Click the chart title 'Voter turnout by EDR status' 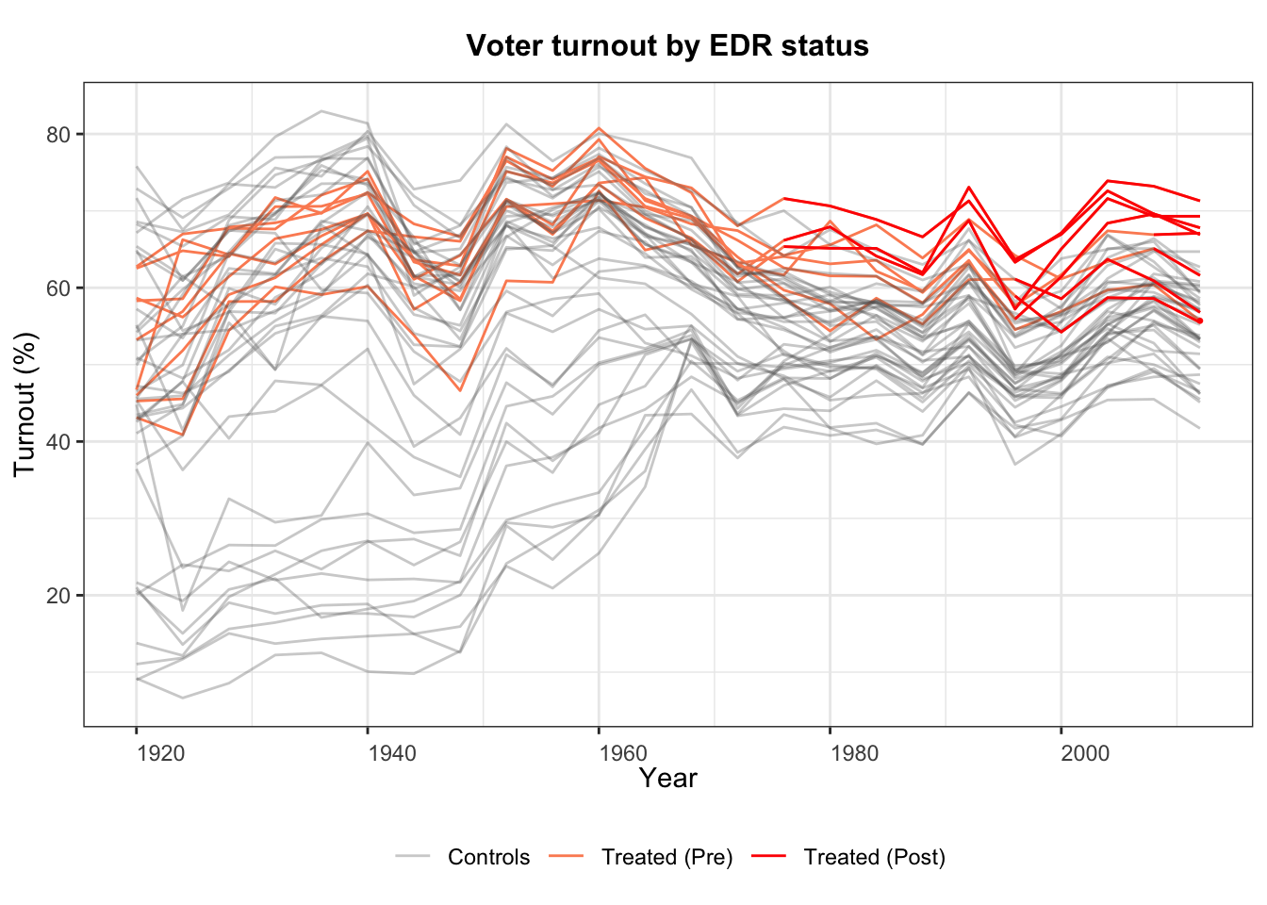(667, 45)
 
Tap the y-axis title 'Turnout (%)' (25, 403)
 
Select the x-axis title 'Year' (667, 779)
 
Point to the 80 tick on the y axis (59, 134)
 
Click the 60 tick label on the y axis (59, 288)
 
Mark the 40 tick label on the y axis (59, 441)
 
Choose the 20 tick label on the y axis (59, 595)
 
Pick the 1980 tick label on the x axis (854, 753)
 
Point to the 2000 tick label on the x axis (1085, 753)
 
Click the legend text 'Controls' (488, 857)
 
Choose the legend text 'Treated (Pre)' (667, 857)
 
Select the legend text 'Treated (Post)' (874, 857)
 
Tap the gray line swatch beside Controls (413, 856)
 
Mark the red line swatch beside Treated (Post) (768, 856)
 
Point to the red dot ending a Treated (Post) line (1200, 321)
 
